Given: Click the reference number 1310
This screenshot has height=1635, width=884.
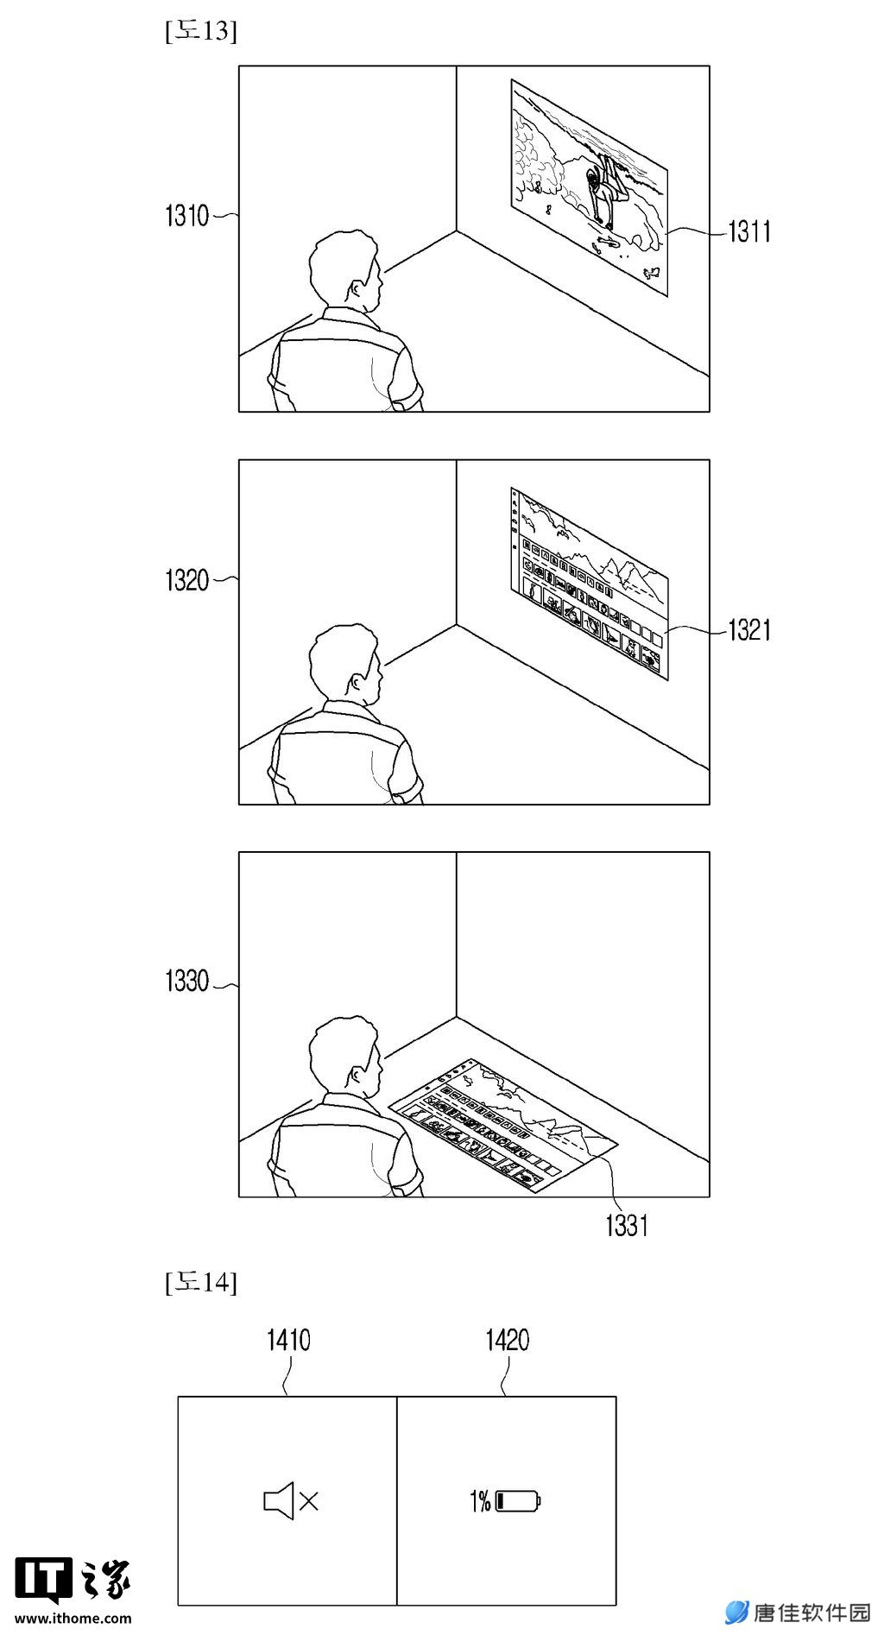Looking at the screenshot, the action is [187, 216].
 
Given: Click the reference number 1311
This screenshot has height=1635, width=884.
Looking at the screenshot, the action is [749, 231].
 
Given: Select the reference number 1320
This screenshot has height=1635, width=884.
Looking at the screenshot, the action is [187, 580].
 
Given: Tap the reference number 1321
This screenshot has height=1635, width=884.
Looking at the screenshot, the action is [749, 630].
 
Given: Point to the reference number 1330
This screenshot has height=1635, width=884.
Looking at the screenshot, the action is [187, 982].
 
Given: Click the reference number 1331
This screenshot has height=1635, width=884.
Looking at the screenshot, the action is [627, 1225].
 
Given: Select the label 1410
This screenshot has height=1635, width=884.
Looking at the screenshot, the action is [288, 1341].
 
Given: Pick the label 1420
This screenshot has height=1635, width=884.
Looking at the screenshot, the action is [508, 1341].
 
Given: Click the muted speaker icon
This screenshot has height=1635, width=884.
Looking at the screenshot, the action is [291, 1501].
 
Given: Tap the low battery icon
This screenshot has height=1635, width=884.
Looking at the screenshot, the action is [519, 1502].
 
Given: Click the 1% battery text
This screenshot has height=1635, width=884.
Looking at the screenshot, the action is [480, 1502].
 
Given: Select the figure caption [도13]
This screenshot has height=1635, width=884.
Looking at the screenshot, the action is [200, 31].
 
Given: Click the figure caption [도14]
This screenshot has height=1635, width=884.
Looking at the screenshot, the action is [200, 1283].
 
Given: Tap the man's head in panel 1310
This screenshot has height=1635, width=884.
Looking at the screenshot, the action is [345, 269].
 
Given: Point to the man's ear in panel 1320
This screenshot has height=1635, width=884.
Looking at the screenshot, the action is [357, 682].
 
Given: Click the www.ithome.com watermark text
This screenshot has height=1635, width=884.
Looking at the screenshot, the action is [73, 1619].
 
